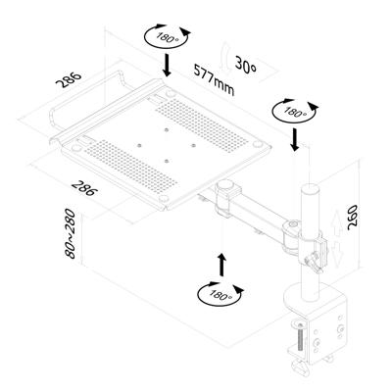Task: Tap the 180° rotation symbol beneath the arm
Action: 220,293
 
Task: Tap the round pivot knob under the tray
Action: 227,186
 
